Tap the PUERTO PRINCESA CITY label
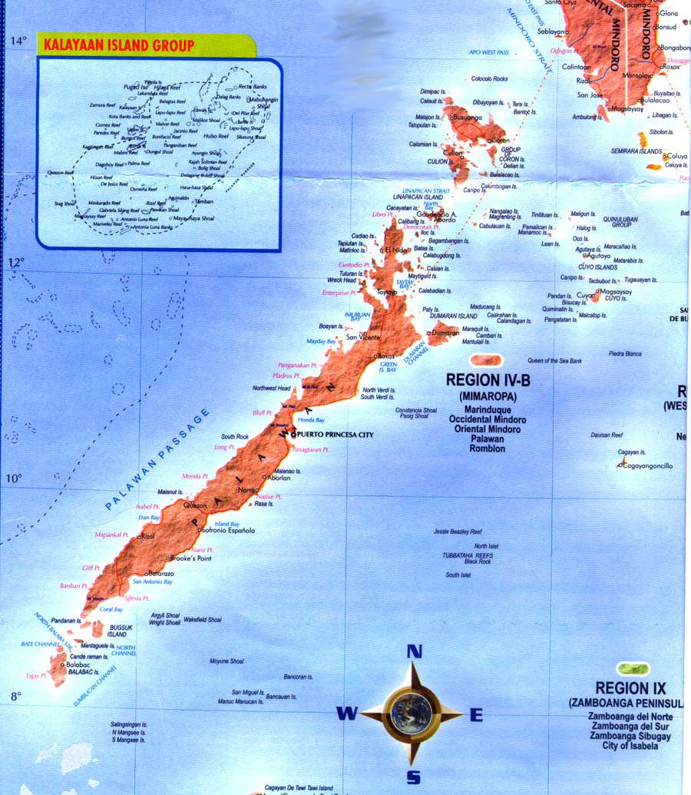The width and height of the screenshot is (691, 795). pyautogui.click(x=336, y=435)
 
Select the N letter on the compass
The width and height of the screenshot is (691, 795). pyautogui.click(x=414, y=651)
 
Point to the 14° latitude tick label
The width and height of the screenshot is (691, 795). pyautogui.click(x=18, y=40)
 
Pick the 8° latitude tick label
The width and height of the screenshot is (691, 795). pyautogui.click(x=16, y=697)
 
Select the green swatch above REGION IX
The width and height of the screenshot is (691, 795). pyautogui.click(x=633, y=669)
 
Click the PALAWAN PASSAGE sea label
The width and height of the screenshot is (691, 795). pyautogui.click(x=157, y=460)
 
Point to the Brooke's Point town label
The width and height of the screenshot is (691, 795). pyautogui.click(x=191, y=558)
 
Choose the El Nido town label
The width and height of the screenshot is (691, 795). pyautogui.click(x=395, y=250)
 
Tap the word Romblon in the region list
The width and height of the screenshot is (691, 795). pyautogui.click(x=488, y=448)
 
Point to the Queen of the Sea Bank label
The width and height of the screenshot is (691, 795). pyautogui.click(x=554, y=360)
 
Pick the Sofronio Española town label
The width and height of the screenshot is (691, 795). pyautogui.click(x=228, y=531)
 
